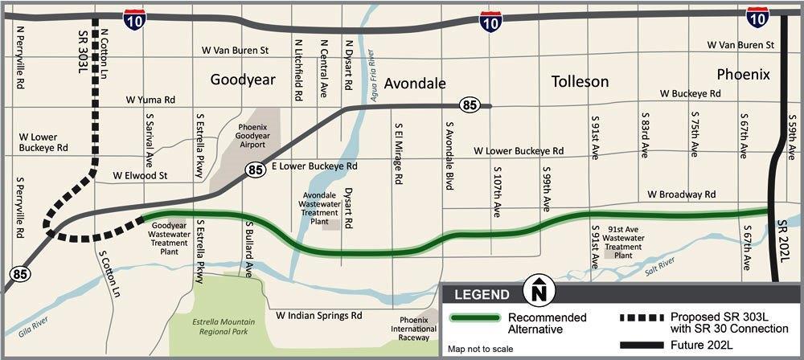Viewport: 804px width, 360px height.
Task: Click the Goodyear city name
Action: (x=243, y=80)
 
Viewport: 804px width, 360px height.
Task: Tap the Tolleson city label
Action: (x=580, y=81)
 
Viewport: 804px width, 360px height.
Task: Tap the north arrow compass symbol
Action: (x=539, y=288)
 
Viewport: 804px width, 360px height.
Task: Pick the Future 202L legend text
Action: (x=705, y=346)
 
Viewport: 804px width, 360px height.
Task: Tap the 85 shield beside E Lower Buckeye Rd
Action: (x=255, y=170)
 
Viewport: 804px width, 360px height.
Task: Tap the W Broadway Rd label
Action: (x=682, y=194)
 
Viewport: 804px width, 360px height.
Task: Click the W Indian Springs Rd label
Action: (x=318, y=315)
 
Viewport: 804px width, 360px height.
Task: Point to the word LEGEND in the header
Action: (x=482, y=293)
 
